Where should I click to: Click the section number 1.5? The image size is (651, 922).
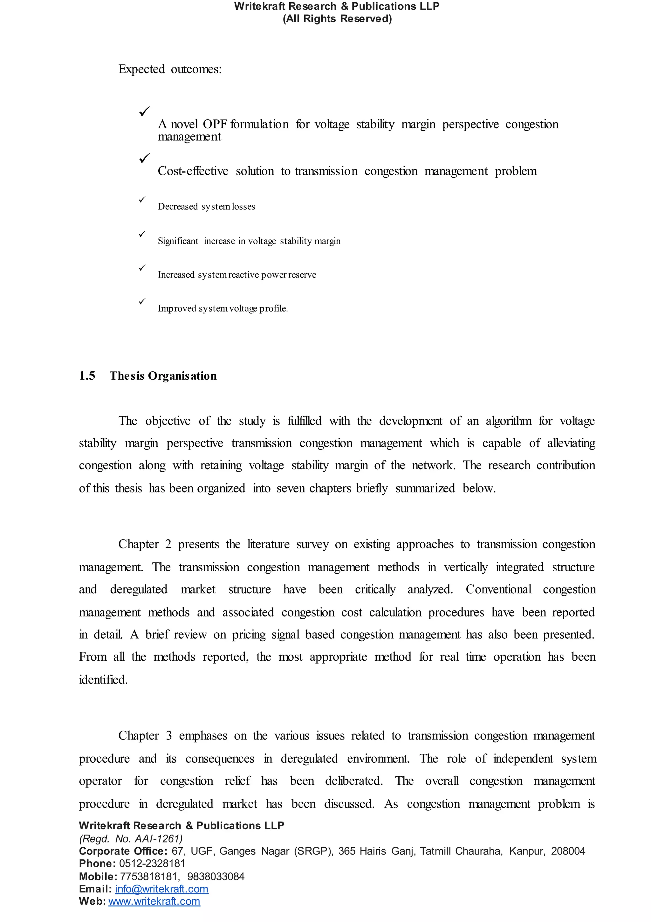tap(87, 375)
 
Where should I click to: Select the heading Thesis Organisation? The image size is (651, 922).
tap(163, 376)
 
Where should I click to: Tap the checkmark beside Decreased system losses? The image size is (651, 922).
tap(142, 200)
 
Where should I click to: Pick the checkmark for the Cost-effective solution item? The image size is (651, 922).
tap(145, 158)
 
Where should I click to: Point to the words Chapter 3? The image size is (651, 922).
tap(145, 736)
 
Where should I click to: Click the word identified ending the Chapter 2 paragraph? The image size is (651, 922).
tap(103, 679)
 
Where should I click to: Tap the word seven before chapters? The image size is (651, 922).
tap(290, 488)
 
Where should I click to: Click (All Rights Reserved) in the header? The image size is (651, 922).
tap(337, 18)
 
